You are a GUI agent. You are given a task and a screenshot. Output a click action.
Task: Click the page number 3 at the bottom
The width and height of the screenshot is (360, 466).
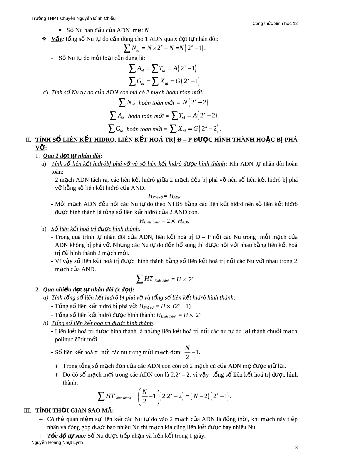(296, 448)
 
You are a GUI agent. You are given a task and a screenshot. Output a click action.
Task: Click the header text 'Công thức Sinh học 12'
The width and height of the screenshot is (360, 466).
(275, 24)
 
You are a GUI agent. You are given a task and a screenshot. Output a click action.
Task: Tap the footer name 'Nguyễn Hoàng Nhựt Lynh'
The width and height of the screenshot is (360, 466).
(57, 442)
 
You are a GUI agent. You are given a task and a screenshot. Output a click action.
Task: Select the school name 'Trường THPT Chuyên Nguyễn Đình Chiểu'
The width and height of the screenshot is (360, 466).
(73, 18)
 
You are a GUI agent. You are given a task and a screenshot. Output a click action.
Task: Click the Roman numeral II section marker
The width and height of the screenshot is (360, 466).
(29, 139)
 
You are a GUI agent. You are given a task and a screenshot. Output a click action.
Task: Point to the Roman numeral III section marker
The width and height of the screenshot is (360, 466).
(28, 410)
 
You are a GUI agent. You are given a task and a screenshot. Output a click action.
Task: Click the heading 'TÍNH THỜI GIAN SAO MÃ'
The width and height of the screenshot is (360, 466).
(74, 410)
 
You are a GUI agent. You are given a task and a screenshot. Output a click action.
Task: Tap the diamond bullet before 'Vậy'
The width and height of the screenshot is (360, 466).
(44, 39)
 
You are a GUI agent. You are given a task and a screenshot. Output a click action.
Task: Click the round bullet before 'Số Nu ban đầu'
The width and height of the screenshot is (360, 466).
(60, 30)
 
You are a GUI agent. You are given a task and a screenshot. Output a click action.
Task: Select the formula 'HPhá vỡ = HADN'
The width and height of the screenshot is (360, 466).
(164, 196)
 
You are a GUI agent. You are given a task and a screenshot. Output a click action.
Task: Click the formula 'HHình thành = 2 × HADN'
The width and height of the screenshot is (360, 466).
(164, 221)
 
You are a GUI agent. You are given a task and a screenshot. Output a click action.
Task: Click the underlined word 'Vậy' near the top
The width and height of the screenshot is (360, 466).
(57, 39)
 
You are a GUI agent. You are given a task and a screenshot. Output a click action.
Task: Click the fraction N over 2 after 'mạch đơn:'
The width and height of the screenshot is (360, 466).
(187, 352)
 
